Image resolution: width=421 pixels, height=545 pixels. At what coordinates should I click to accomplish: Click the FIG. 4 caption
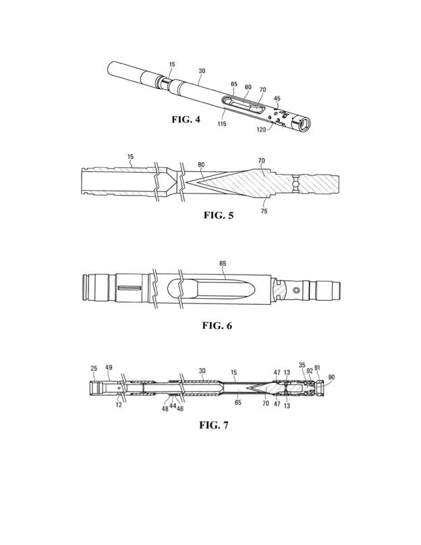[186, 119]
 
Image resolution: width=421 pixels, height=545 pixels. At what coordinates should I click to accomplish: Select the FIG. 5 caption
[219, 215]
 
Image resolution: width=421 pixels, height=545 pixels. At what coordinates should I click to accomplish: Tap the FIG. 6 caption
[217, 326]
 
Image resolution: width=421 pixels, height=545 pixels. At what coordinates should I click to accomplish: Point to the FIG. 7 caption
[214, 425]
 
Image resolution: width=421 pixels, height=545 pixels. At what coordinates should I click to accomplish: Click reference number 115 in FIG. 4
[222, 123]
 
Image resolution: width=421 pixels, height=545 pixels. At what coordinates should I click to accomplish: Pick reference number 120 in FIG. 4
[261, 130]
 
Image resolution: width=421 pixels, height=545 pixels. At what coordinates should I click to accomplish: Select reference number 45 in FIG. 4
[277, 98]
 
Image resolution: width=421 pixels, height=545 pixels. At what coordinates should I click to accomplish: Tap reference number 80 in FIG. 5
[201, 165]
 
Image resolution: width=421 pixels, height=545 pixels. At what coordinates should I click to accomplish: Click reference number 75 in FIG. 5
[264, 211]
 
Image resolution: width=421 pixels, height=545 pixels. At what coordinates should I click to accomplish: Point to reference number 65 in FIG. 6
[223, 264]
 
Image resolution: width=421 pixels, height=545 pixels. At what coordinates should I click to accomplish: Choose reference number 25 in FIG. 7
[94, 368]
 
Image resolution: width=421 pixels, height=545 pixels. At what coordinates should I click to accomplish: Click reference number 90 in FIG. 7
[332, 377]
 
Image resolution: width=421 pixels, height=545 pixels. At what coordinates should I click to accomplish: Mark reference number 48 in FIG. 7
[165, 409]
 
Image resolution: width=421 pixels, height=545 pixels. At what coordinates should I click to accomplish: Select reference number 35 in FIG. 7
[302, 365]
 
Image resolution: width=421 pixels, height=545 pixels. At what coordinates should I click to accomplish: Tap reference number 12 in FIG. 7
[119, 405]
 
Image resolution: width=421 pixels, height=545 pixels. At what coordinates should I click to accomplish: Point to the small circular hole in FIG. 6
[297, 290]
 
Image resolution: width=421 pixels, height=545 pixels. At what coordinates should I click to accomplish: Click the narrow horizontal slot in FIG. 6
[129, 288]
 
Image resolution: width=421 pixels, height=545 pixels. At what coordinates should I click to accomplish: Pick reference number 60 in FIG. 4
[248, 87]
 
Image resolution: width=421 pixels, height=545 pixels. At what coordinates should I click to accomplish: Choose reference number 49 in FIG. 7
[109, 368]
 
